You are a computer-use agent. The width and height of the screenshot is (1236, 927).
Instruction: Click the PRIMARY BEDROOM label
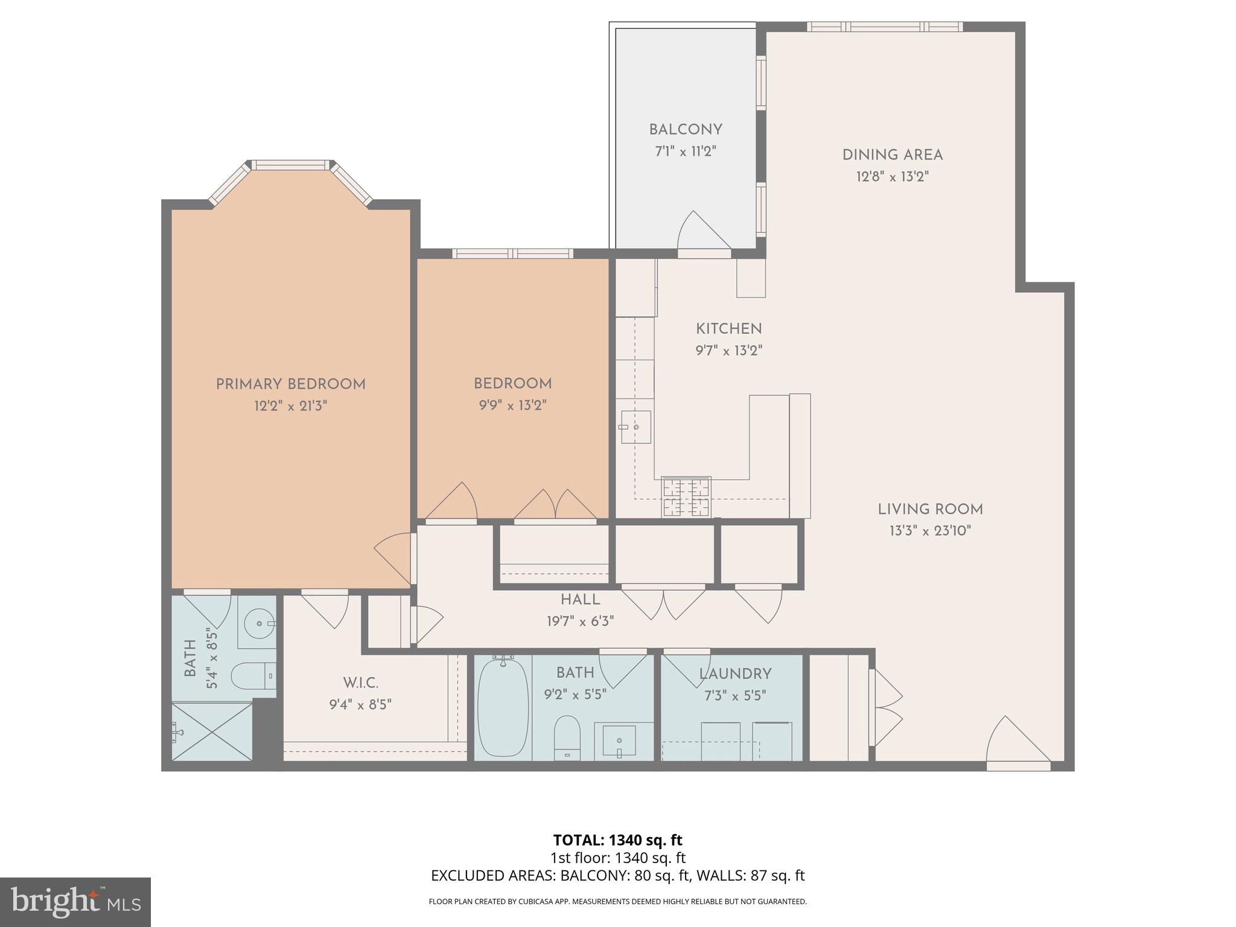point(290,384)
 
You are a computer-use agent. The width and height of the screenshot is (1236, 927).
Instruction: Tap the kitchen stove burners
point(686,497)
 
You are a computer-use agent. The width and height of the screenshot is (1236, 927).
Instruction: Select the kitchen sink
point(636,427)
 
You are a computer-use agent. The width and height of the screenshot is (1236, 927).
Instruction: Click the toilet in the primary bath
point(254,676)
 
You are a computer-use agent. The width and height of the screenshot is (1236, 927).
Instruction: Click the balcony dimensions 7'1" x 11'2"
point(686,151)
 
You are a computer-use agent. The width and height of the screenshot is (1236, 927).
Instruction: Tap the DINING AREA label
point(892,155)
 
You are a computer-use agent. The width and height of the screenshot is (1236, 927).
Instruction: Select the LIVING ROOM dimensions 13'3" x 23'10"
point(929,531)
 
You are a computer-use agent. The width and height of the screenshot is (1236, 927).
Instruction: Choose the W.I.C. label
point(360,683)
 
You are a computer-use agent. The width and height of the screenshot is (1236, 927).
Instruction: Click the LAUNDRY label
point(735,674)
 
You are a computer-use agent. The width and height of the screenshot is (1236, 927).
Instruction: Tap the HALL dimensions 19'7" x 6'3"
point(580,621)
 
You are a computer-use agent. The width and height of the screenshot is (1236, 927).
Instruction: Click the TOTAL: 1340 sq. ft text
point(617,840)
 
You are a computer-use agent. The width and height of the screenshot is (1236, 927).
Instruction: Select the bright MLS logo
point(75,902)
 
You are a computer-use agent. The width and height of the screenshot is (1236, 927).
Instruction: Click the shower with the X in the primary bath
point(212,731)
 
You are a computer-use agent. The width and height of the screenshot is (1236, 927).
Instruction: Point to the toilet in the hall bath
point(567,737)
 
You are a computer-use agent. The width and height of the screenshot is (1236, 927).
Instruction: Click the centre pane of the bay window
point(291,165)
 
